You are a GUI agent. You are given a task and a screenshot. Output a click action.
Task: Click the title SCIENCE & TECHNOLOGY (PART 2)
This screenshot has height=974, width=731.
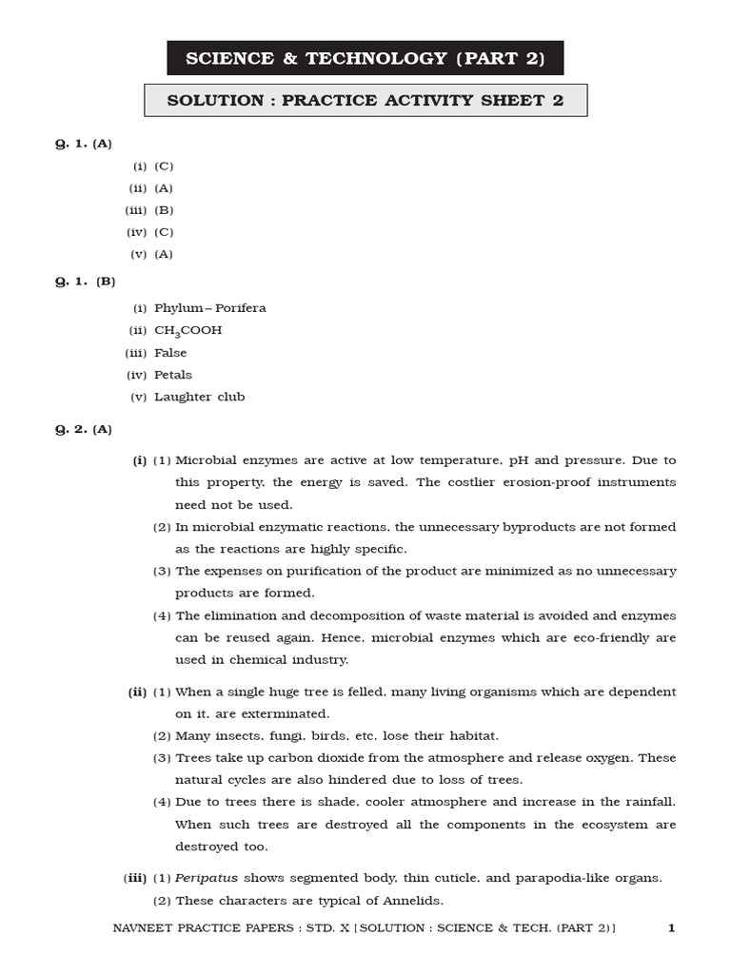point(365,58)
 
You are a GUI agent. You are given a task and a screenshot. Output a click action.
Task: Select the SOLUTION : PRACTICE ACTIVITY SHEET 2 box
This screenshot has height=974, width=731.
point(365,101)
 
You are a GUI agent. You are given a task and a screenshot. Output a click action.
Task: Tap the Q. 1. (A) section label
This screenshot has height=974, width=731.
point(83,144)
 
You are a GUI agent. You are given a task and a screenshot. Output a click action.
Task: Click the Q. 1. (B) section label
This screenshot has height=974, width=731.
point(85,282)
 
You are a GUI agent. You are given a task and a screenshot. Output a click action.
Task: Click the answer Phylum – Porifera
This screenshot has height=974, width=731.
point(210,308)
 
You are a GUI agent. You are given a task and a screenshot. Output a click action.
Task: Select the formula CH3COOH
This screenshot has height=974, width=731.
point(188,331)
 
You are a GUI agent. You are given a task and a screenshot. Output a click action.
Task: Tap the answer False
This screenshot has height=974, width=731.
point(170,353)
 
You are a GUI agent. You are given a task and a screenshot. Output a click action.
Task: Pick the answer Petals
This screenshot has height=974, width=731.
point(173,375)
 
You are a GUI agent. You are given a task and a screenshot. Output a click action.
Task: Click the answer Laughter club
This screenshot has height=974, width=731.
point(200,397)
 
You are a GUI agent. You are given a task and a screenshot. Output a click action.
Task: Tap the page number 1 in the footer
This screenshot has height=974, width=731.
point(671,928)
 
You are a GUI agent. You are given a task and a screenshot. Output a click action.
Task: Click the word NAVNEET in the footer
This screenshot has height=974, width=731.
point(140,928)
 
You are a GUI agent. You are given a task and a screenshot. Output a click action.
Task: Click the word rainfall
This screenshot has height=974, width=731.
point(643,802)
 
